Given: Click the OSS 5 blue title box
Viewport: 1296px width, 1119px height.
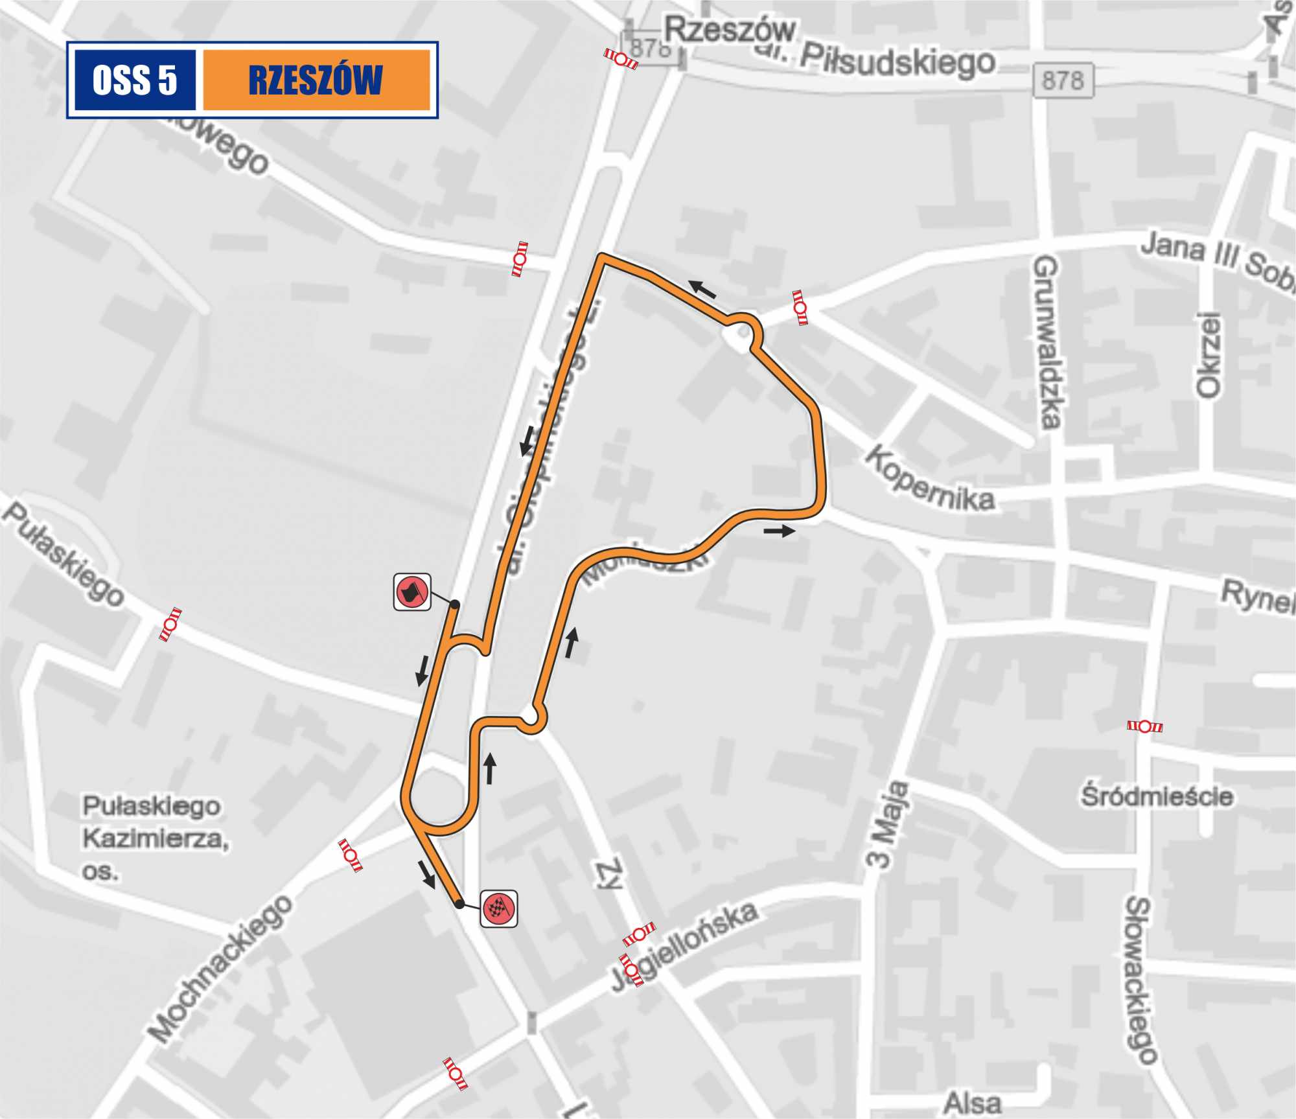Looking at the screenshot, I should [x=135, y=80].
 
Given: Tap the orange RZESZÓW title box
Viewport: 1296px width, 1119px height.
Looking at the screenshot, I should [x=316, y=80].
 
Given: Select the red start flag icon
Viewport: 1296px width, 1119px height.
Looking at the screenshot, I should [x=412, y=592].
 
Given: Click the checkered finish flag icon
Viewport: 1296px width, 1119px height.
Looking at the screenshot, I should [x=498, y=908].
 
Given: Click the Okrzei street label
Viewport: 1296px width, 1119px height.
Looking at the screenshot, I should [x=1208, y=355].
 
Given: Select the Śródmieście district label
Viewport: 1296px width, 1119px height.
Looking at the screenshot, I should [x=1156, y=796].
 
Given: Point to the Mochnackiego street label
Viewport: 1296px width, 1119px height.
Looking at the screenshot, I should [x=220, y=969].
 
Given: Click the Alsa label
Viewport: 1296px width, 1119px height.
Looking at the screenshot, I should [x=972, y=1102].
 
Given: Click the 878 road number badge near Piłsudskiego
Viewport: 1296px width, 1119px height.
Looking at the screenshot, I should [x=1063, y=80].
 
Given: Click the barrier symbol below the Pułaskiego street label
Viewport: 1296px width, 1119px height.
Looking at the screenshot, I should [x=170, y=625].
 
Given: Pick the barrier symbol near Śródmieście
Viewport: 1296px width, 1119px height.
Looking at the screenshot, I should [x=1145, y=726].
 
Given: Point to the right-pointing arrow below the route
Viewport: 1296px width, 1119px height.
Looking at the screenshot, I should [x=779, y=531].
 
